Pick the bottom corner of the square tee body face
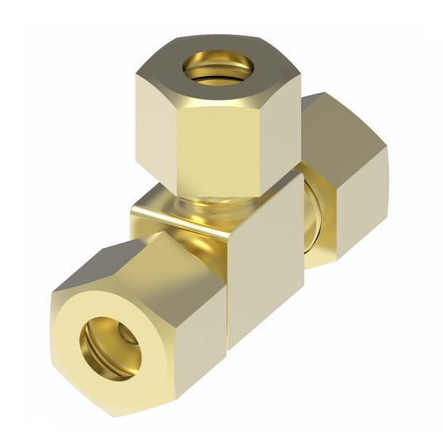(230, 349)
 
